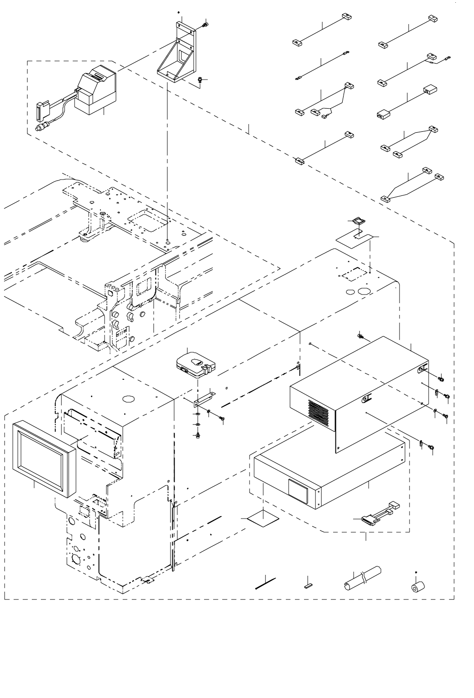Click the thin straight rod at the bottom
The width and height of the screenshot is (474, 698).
(266, 583)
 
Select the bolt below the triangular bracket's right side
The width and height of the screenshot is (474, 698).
(199, 80)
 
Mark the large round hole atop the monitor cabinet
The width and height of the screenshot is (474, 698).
(129, 399)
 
